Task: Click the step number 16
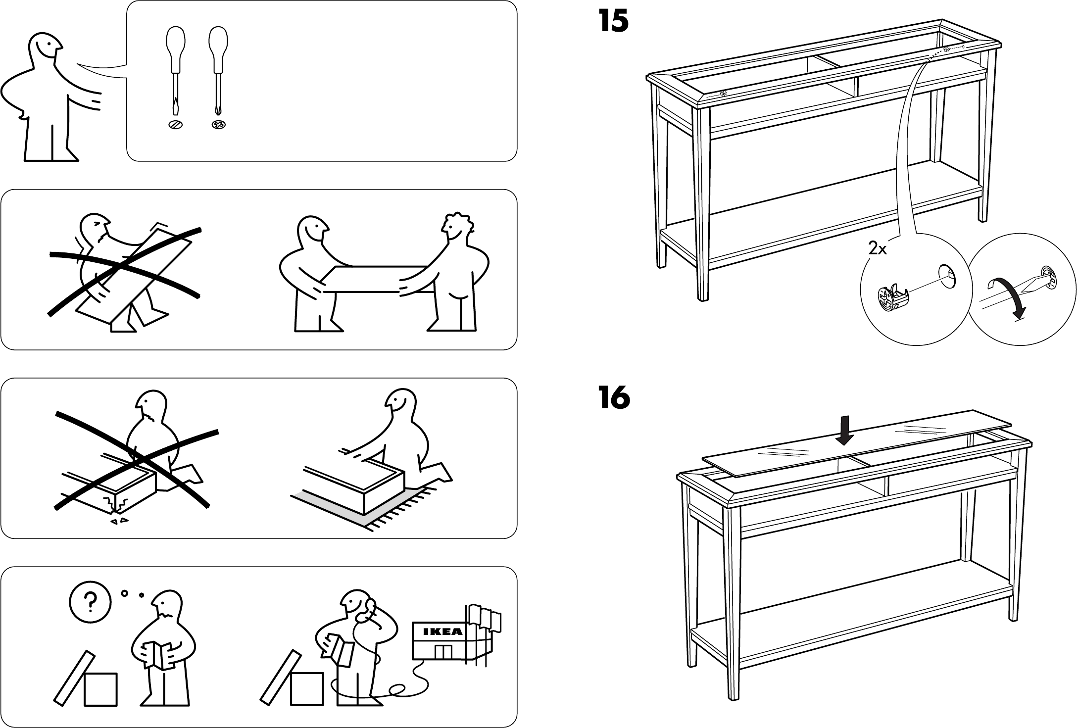coord(614,398)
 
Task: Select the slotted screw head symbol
coord(175,124)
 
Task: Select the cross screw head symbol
coord(218,125)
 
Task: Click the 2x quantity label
coord(878,249)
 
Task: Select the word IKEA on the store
coord(442,631)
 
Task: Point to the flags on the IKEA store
coord(483,617)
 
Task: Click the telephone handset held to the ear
coord(365,612)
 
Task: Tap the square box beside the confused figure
coord(100,689)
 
